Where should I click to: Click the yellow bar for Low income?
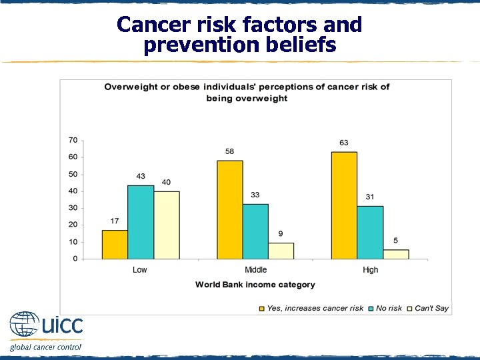(x=115, y=245)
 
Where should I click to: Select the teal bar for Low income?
(x=140, y=222)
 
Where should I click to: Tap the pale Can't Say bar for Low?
(x=166, y=225)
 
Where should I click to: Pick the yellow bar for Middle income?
(x=230, y=209)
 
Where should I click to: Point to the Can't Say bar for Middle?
(x=281, y=251)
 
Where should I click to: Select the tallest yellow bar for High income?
(x=344, y=205)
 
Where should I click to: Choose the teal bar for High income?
(x=369, y=232)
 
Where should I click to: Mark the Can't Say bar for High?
(x=395, y=254)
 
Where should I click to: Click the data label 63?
(x=344, y=143)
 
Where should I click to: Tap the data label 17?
(x=115, y=221)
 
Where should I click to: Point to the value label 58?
(x=230, y=151)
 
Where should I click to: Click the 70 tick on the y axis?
(x=73, y=140)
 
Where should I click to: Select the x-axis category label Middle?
(x=255, y=270)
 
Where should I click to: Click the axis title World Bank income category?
(x=255, y=285)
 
